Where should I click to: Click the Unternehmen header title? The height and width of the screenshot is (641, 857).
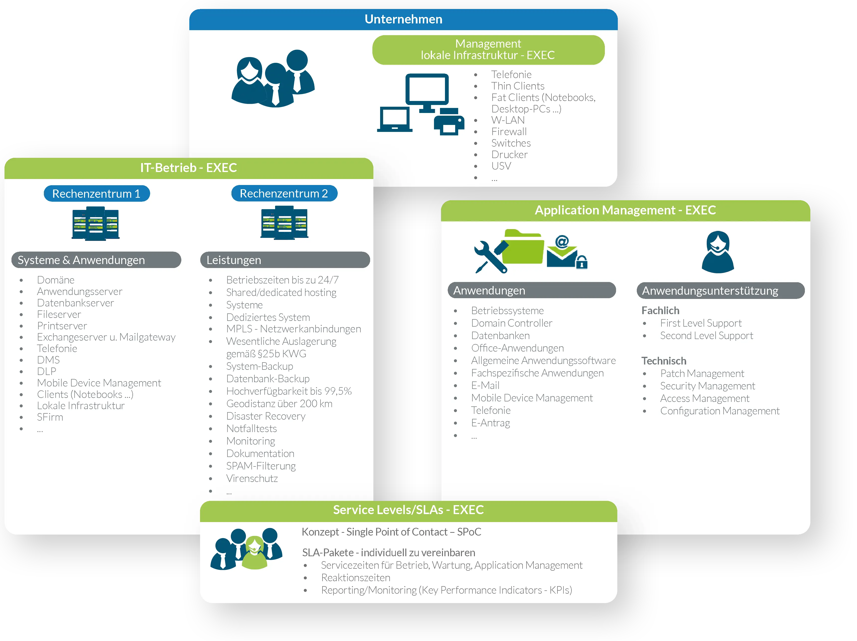point(403,19)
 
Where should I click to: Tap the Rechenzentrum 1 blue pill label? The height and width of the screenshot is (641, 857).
point(97,193)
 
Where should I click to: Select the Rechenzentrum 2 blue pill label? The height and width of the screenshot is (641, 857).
point(284,193)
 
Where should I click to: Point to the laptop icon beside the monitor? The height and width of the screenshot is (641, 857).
point(394,120)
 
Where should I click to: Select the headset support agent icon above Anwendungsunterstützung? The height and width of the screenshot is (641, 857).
point(718,252)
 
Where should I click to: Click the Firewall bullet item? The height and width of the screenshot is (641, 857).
point(509,132)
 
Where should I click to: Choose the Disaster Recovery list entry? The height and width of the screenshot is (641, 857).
point(266,416)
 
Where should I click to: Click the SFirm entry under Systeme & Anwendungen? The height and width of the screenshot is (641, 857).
point(50,417)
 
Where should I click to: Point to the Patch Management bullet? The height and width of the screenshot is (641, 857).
point(702,373)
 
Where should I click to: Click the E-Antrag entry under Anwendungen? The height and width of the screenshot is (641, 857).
point(491,423)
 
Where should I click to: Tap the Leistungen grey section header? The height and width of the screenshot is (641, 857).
point(285,260)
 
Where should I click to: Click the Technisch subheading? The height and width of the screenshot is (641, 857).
point(664,361)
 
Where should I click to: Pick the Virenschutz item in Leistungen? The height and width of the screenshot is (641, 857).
point(252,478)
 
